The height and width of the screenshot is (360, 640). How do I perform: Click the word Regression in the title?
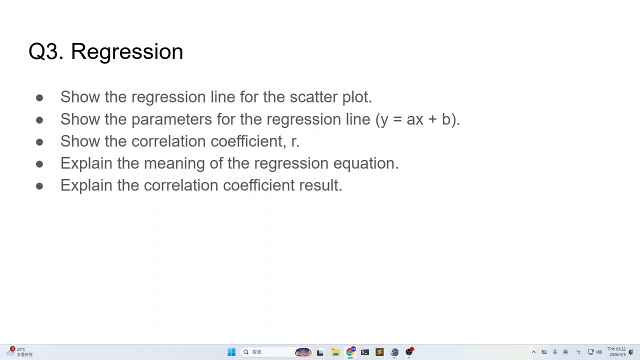tap(127, 52)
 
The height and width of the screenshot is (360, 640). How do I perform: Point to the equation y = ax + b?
tap(417, 119)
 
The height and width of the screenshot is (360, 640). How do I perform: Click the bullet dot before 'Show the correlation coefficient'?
tap(39, 142)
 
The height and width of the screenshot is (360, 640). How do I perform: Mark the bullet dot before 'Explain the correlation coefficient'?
tap(39, 186)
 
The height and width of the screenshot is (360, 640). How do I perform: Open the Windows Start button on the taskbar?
tap(231, 352)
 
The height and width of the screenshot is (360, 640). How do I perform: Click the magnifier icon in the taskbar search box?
tap(246, 352)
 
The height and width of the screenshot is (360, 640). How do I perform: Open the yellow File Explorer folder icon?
tap(335, 352)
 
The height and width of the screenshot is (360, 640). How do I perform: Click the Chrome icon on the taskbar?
tap(350, 352)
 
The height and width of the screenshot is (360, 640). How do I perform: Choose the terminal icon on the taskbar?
tap(365, 352)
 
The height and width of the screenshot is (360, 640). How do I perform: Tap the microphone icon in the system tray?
tap(555, 352)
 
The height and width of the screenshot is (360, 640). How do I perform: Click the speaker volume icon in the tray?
tap(599, 352)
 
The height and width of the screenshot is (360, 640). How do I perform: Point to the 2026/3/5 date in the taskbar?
tap(617, 354)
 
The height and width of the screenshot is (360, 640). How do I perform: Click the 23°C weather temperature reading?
tap(21, 349)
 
